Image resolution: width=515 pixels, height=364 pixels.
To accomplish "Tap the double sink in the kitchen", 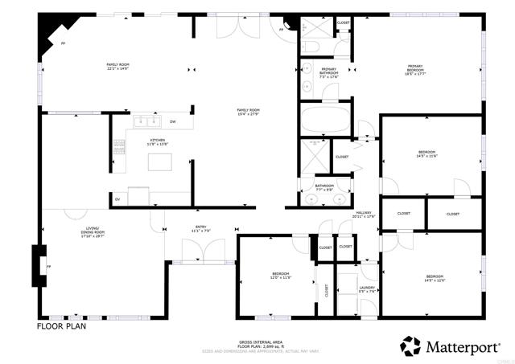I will [x=146, y=121].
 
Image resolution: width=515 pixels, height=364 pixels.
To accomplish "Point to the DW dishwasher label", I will [x=172, y=122].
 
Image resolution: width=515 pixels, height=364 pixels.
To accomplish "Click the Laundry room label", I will [x=367, y=288].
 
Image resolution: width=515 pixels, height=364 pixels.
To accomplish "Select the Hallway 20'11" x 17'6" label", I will [x=365, y=215].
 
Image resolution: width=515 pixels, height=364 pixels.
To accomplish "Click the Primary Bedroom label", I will [x=414, y=70].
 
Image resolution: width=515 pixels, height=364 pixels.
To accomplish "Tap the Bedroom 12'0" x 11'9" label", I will [x=280, y=276].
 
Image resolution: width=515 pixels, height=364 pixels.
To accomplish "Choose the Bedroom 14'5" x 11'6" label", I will [x=426, y=154].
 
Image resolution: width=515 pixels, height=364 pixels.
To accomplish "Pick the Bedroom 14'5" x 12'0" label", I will [x=435, y=278].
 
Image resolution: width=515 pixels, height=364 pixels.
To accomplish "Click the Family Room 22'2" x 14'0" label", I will [x=118, y=67].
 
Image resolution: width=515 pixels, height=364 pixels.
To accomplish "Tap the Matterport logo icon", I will [x=412, y=346].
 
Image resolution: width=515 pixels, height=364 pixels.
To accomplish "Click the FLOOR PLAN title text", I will [x=61, y=327].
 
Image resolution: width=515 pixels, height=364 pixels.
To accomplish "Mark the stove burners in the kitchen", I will [x=119, y=146].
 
